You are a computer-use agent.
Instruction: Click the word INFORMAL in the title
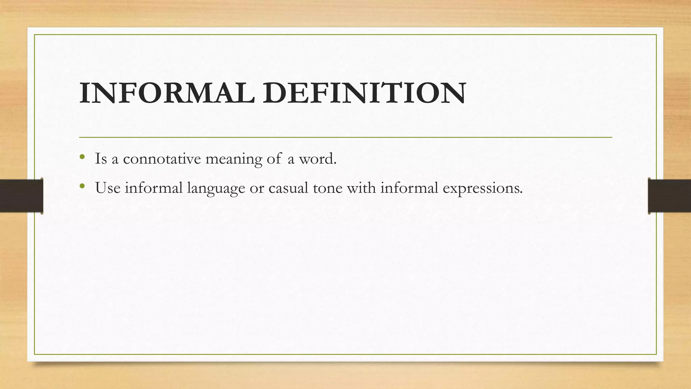(167, 93)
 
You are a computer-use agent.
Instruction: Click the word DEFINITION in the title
(365, 93)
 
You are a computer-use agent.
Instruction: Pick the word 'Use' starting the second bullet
(108, 188)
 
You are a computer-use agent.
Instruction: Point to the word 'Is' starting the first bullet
(101, 159)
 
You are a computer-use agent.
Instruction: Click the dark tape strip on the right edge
(669, 196)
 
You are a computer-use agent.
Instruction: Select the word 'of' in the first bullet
(274, 159)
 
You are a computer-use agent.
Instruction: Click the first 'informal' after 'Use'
(154, 188)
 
